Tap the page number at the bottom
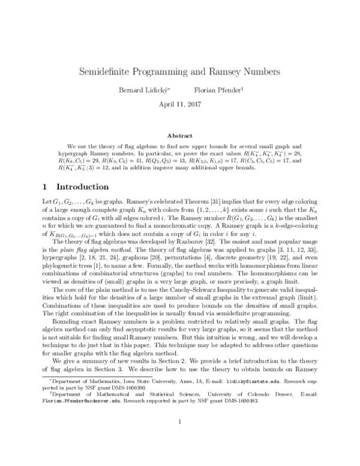click(x=179, y=438)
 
